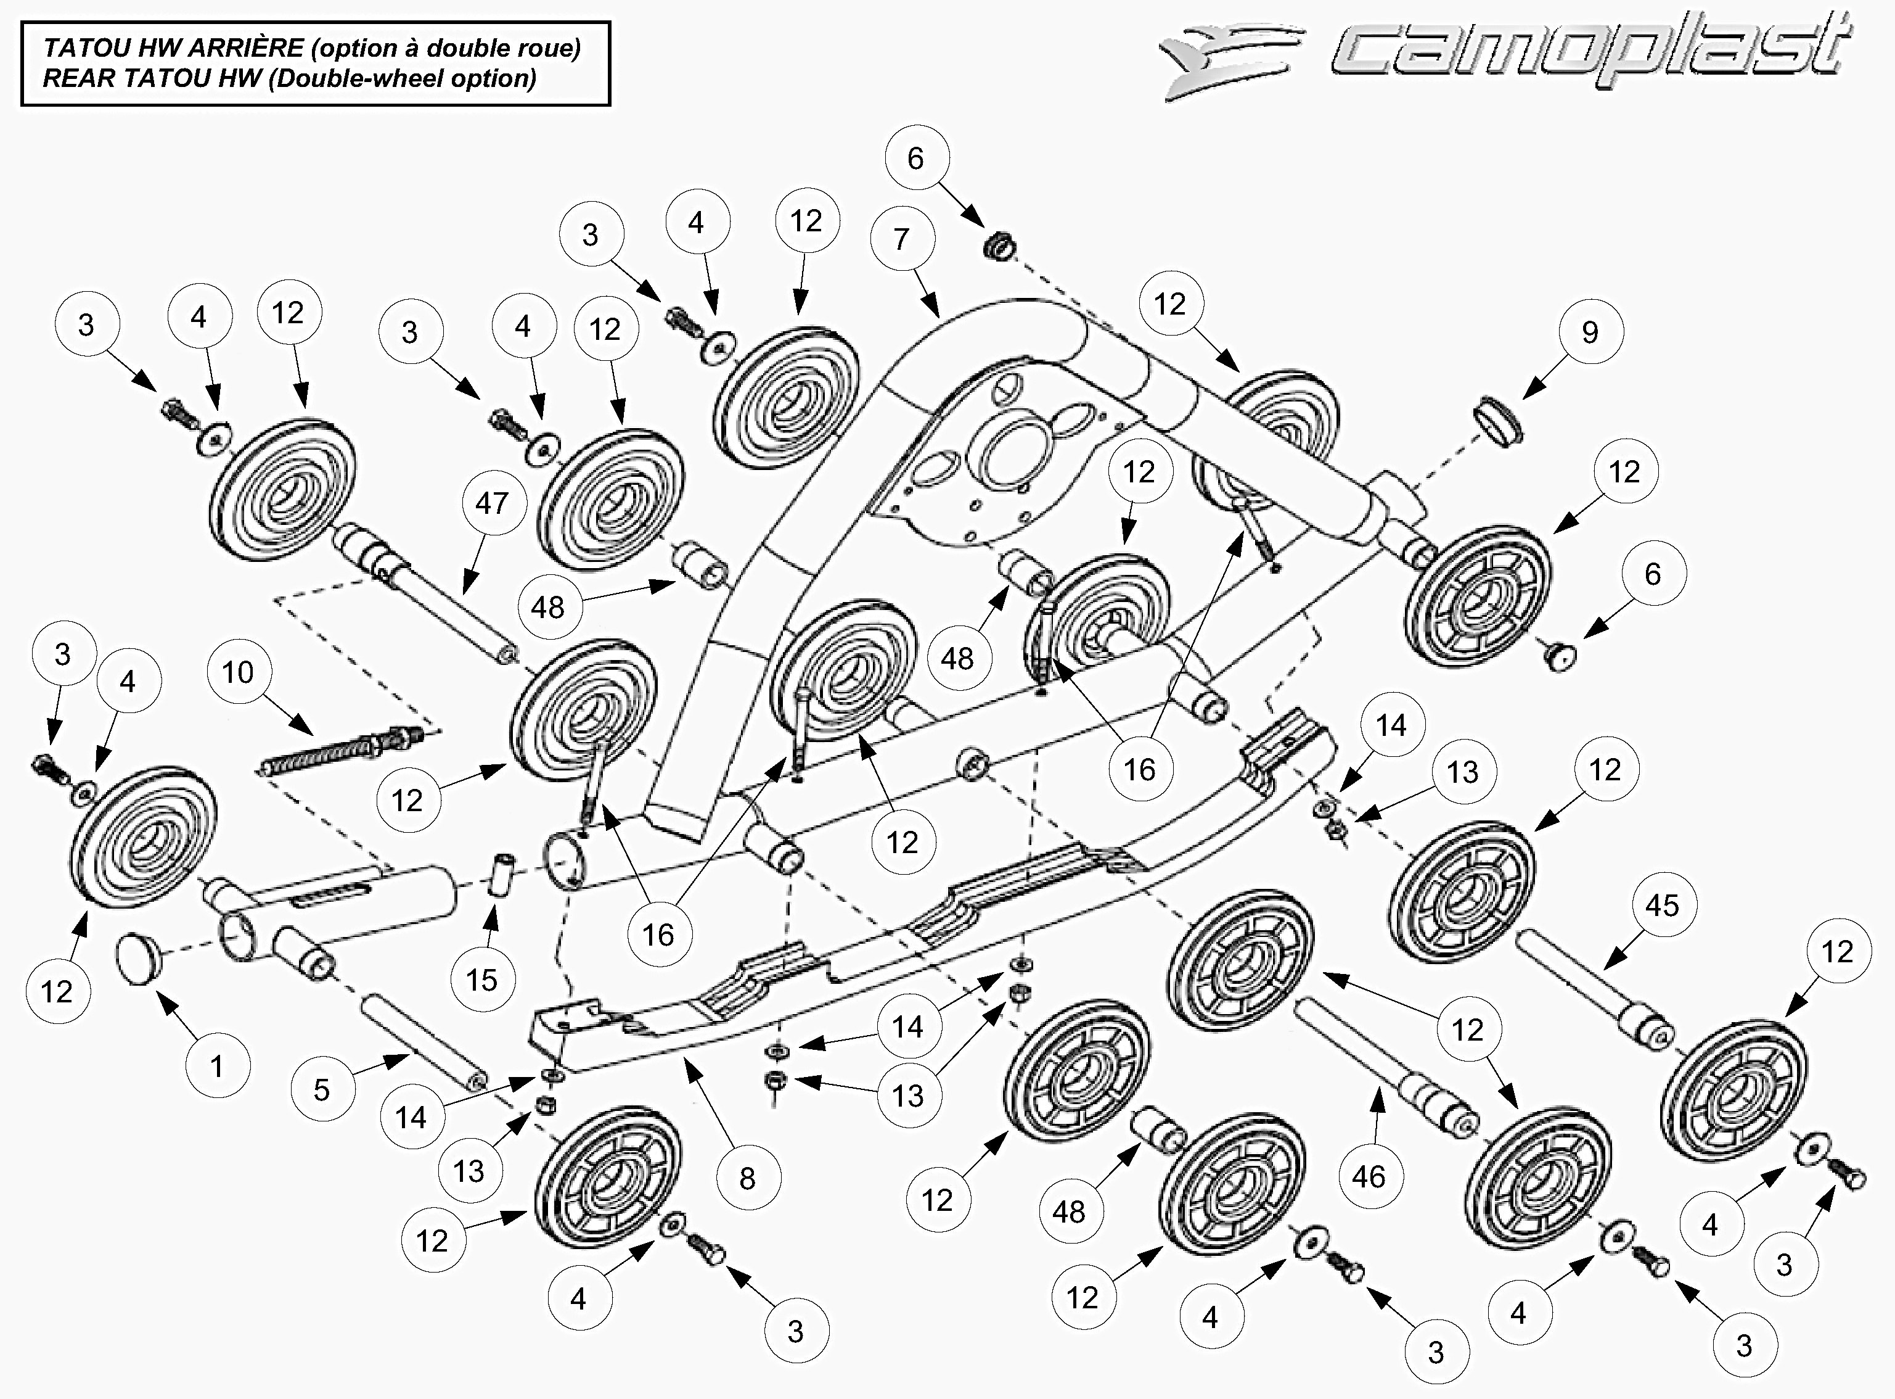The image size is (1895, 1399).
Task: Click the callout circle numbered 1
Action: tap(218, 1066)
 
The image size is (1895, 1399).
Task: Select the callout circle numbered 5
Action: tap(322, 1089)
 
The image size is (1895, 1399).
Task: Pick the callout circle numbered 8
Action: tap(747, 1178)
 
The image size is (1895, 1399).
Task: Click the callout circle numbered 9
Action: tap(1590, 332)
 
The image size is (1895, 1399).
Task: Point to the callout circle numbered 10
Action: tap(238, 672)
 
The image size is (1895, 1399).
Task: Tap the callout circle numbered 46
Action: tap(1369, 1176)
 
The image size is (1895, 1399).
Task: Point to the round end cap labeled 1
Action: tap(138, 958)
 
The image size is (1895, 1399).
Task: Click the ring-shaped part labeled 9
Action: tap(1498, 423)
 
